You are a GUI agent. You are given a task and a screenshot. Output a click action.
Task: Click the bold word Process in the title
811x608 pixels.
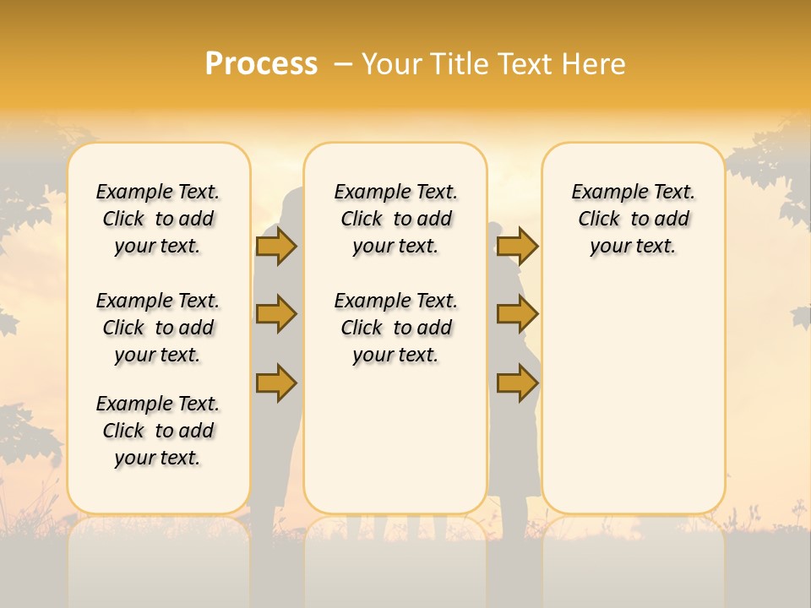pos(261,63)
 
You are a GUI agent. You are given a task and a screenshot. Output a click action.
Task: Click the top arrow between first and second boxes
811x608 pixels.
pos(276,246)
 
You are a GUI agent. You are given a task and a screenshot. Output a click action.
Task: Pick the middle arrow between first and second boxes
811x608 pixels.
pos(276,314)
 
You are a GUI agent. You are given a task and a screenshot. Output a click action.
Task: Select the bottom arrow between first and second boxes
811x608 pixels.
pos(276,383)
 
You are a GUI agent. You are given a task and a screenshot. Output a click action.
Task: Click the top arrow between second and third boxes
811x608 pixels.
pos(517,246)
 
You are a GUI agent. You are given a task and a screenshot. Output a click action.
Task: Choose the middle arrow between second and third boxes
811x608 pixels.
pos(517,314)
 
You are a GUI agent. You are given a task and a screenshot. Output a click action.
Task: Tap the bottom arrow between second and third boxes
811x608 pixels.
pos(517,383)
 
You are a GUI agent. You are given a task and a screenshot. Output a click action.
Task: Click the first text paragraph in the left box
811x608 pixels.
pos(158,219)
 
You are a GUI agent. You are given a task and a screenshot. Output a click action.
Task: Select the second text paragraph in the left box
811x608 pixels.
pos(158,328)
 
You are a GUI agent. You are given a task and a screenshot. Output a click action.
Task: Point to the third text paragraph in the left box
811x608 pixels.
pos(158,431)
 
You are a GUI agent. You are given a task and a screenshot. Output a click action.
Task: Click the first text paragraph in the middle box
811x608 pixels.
pos(395,219)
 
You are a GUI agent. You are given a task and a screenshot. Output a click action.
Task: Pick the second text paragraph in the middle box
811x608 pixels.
pos(395,328)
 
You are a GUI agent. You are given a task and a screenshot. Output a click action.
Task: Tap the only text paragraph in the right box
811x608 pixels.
pos(633,219)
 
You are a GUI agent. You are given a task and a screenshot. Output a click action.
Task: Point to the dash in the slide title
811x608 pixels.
pos(343,63)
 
